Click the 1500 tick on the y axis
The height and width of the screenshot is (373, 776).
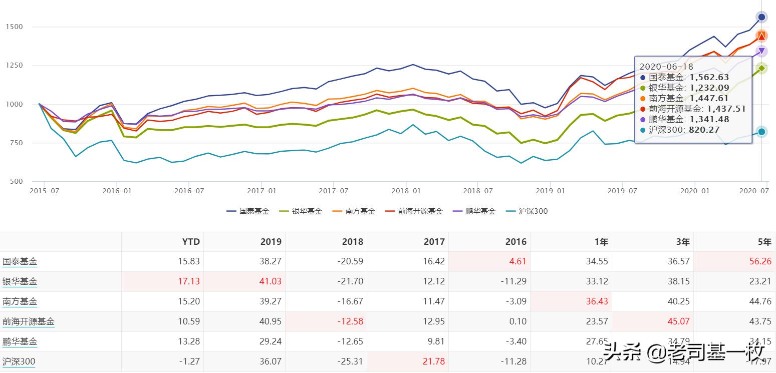pos(14,27)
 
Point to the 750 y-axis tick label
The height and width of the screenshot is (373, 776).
pos(16,143)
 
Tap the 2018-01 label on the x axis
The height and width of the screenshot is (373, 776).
pos(406,191)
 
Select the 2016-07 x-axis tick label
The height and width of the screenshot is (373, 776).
pos(189,191)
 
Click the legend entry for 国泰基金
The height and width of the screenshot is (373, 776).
pos(248,211)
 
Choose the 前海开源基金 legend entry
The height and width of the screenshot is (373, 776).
pos(414,211)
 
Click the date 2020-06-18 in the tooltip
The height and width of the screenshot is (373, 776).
pos(666,67)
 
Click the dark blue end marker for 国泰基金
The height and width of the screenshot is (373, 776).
pos(761,17)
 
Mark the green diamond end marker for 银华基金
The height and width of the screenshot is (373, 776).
pos(761,68)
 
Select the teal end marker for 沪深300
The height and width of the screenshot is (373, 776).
pos(761,132)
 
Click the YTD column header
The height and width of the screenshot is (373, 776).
pos(191,242)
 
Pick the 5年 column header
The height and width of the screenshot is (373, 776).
pos(764,242)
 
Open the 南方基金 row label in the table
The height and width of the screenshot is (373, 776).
pos(20,301)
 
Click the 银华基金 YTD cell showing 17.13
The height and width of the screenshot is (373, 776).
pos(189,281)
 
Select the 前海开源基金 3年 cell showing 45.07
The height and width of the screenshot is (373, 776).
pos(679,321)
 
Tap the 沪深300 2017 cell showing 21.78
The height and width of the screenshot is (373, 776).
pos(433,361)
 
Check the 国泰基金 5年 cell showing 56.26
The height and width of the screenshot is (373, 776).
pos(760,261)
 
